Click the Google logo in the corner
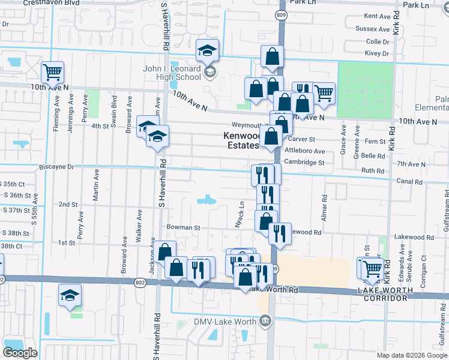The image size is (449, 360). click(20, 353)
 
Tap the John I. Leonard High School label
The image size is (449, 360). click(172, 73)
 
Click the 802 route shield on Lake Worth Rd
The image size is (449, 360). click(140, 282)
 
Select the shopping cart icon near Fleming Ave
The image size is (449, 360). click(53, 73)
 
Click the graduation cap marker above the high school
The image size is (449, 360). click(208, 50)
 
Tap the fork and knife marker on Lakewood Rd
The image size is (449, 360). click(279, 233)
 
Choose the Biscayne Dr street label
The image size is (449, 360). click(56, 167)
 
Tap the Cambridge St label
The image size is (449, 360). click(304, 162)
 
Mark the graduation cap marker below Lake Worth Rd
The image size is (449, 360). click(70, 295)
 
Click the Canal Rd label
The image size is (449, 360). click(406, 181)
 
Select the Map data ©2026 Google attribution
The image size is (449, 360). click(412, 355)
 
